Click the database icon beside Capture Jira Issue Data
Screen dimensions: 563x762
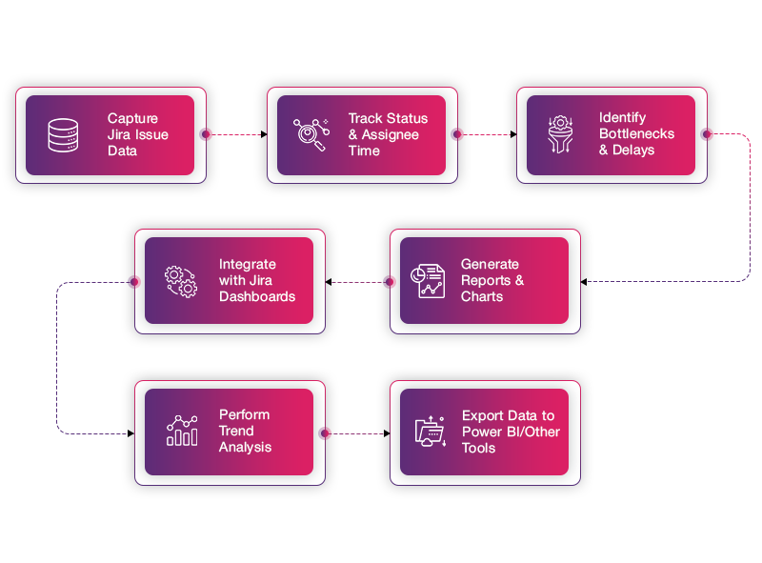64,134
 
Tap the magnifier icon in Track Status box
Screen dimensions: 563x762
311,134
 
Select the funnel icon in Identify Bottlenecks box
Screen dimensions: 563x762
560,134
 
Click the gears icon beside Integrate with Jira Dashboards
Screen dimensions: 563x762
181,280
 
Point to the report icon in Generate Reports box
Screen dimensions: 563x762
427,280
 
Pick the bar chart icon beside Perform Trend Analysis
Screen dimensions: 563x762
182,431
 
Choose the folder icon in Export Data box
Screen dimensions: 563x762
431,432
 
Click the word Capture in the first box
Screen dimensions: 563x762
132,118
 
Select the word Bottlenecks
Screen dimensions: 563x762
636,134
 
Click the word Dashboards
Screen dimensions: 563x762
257,296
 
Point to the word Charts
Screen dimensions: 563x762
482,296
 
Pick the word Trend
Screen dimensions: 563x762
237,431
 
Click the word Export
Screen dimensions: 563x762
483,415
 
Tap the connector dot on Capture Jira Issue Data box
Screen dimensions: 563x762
207,134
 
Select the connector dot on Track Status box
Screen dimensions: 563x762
458,134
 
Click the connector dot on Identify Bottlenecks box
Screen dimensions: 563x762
707,134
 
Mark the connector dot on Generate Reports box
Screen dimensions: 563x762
389,282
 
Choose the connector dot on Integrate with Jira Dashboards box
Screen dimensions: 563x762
133,282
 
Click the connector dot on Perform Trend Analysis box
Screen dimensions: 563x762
326,433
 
